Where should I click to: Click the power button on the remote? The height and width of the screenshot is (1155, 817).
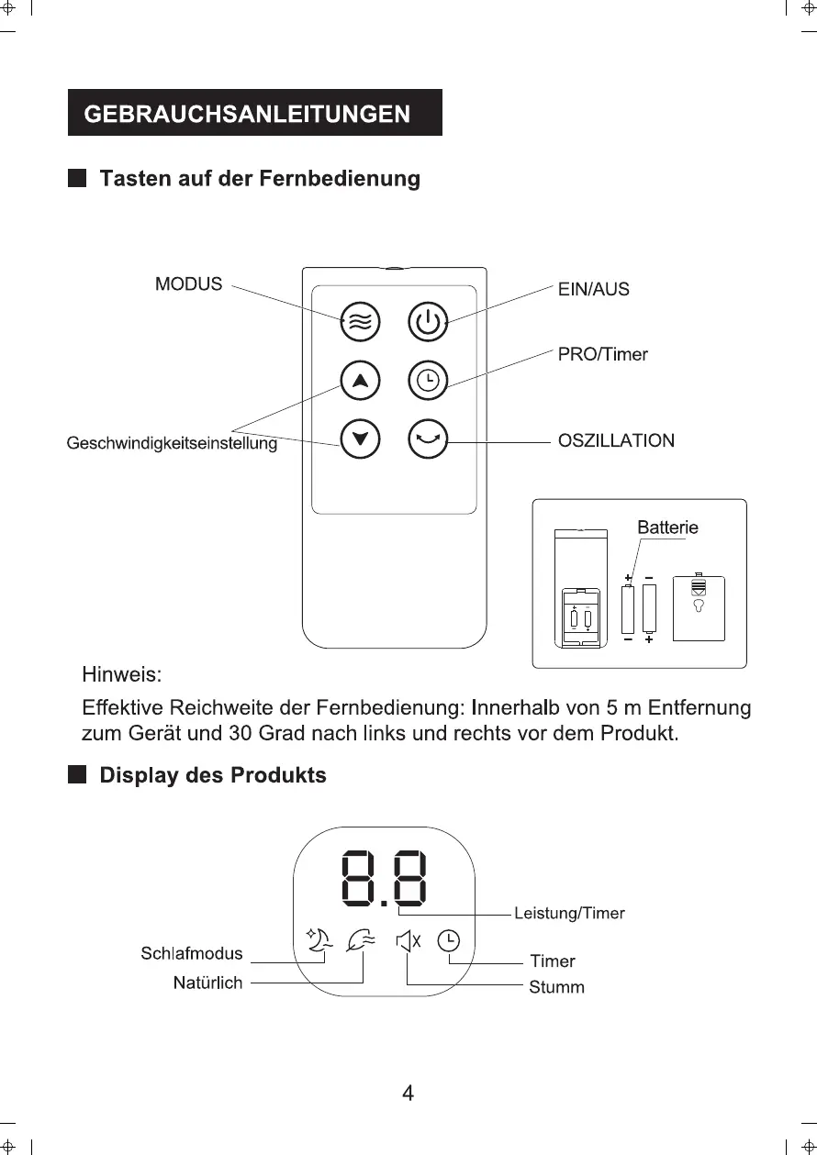click(x=427, y=321)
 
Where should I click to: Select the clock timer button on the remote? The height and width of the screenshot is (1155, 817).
click(x=427, y=380)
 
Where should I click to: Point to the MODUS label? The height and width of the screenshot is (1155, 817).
click(x=188, y=284)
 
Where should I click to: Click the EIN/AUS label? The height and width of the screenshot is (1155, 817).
click(x=593, y=290)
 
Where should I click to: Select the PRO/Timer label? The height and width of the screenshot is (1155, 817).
click(x=602, y=354)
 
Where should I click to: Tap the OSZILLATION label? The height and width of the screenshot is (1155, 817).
click(x=616, y=441)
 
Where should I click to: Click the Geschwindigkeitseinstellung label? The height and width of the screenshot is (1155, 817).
click(x=172, y=445)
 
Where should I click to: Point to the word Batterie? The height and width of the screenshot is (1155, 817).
click(x=667, y=528)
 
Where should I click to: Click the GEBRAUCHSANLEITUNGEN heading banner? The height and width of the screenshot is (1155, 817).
click(x=254, y=113)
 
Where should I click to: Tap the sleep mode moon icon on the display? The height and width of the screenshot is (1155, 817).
click(x=318, y=941)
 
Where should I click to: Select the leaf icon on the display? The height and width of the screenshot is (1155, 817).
click(x=361, y=940)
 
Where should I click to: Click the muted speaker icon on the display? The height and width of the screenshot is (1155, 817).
click(x=408, y=940)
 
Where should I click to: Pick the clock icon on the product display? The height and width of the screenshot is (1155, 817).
click(x=449, y=940)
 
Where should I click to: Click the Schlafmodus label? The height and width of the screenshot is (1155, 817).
click(x=192, y=953)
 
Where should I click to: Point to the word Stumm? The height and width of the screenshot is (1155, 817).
click(x=556, y=988)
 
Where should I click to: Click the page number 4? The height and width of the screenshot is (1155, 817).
click(x=408, y=1093)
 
